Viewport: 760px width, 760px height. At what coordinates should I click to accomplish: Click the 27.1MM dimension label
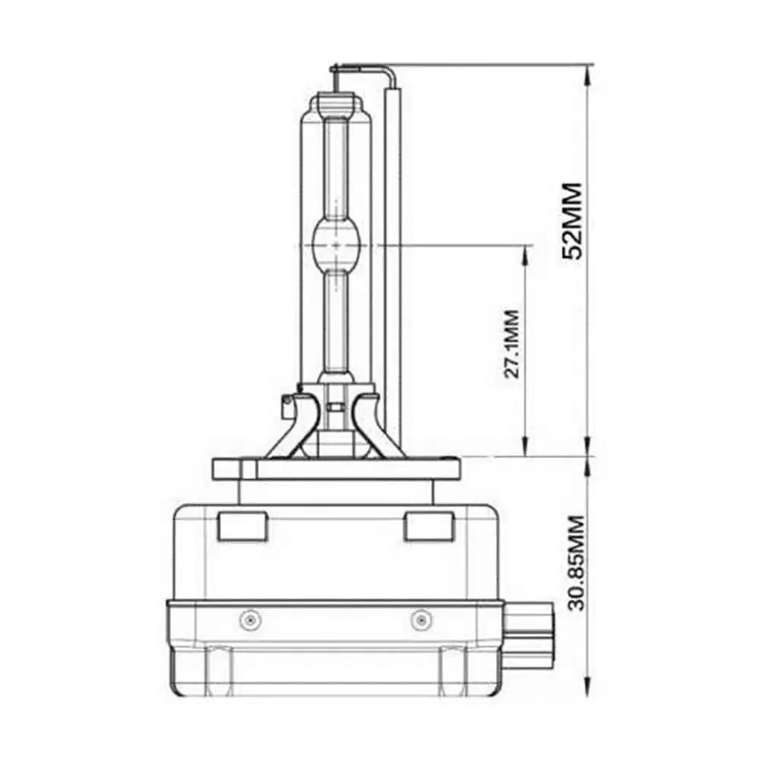point(512,344)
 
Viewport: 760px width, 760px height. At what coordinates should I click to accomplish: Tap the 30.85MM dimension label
point(575,563)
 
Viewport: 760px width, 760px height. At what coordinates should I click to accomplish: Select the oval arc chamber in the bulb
point(335,245)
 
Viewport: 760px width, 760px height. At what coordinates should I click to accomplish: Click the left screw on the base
point(246,621)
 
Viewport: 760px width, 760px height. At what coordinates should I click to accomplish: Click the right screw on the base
point(417,621)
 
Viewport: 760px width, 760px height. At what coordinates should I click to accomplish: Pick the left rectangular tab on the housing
point(241,527)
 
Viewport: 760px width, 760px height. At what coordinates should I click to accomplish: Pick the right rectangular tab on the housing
point(429,527)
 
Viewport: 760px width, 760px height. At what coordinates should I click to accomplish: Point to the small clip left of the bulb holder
point(287,404)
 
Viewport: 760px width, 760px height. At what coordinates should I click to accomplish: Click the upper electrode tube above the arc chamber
point(335,167)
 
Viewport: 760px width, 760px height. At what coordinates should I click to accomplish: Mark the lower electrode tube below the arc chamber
point(335,319)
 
